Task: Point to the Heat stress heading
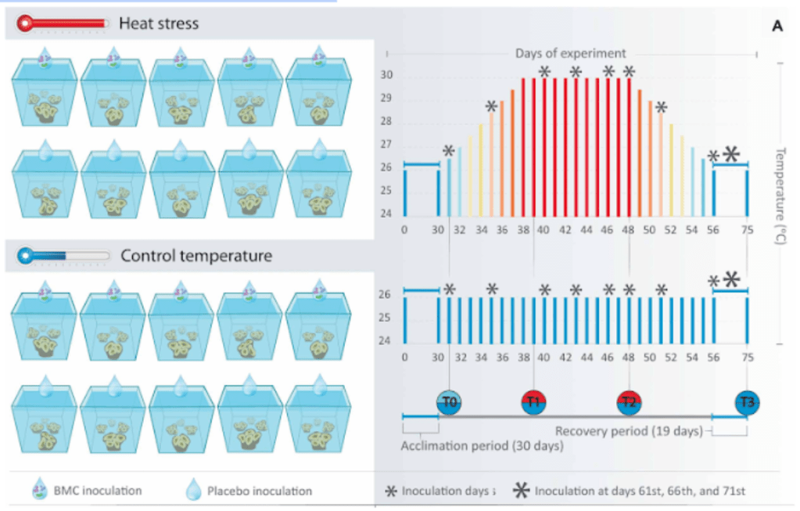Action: point(159,23)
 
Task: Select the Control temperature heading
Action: point(196,255)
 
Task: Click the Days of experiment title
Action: point(570,53)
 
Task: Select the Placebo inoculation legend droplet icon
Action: point(192,491)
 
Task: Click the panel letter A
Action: point(777,25)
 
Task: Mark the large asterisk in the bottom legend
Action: point(522,491)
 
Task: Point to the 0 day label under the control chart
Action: point(404,357)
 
